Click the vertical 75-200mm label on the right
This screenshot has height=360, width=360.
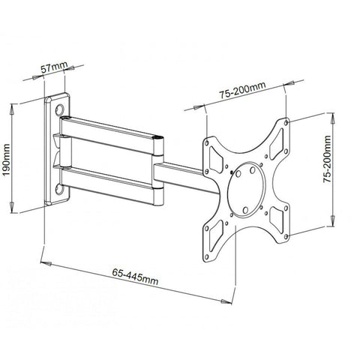[327, 166]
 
